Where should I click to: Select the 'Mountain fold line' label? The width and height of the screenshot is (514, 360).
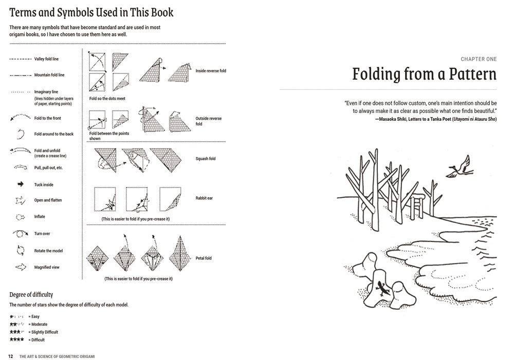(x=49, y=75)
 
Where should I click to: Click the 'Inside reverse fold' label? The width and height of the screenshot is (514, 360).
(x=210, y=71)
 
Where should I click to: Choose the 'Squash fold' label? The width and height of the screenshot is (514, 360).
(x=205, y=159)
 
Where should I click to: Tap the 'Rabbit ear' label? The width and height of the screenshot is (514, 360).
(x=204, y=198)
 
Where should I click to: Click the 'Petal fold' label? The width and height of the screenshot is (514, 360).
(x=204, y=258)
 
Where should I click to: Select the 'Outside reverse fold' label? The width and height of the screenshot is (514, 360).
(x=208, y=121)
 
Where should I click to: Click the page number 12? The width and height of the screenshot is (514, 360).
(x=10, y=356)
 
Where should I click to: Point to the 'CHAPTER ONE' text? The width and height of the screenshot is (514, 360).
(x=479, y=60)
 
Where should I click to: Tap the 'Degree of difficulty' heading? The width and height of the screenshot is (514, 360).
(x=31, y=294)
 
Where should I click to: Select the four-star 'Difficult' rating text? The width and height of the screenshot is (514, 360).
(x=37, y=339)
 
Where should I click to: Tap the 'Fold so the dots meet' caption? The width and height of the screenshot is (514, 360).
(x=107, y=98)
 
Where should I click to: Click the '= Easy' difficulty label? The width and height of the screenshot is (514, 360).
(x=34, y=316)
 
